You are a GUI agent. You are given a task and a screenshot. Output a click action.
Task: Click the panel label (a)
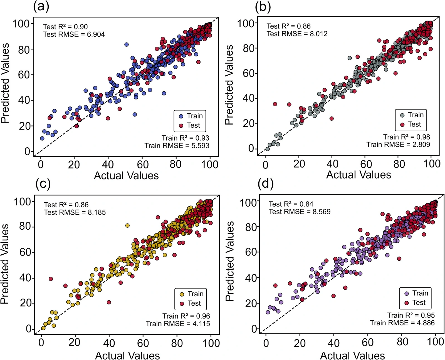click(41, 6)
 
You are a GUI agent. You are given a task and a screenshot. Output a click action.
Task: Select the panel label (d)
click(266, 184)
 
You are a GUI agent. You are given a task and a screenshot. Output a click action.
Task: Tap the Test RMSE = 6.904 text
click(74, 34)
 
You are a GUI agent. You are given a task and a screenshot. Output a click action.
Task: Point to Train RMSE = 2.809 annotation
click(398, 145)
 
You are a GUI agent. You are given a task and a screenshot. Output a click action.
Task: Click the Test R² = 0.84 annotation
click(291, 204)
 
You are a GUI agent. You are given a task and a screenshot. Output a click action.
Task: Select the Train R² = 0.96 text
click(186, 316)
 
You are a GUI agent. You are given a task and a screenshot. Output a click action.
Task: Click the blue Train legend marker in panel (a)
click(181, 116)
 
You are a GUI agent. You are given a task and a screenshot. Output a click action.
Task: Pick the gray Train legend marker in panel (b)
click(402, 115)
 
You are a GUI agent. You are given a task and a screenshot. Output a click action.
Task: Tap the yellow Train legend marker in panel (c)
click(182, 294)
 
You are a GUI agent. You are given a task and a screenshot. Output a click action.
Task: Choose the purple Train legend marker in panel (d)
click(407, 293)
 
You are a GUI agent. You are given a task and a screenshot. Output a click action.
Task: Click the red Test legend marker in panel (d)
click(407, 303)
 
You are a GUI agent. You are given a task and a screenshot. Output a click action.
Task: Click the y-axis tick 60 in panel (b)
click(249, 73)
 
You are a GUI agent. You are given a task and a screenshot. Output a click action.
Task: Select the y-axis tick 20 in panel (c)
click(26, 303)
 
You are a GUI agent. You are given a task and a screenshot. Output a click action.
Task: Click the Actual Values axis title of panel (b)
click(359, 175)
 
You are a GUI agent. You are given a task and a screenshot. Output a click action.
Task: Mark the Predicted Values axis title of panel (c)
click(5, 264)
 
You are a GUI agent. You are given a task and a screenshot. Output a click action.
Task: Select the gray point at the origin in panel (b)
click(268, 149)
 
